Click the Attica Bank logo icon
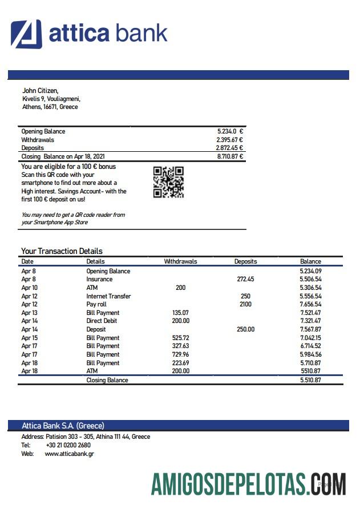[x=26, y=34]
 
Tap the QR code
[x=168, y=182]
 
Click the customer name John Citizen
[x=40, y=90]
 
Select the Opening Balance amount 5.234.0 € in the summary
[x=230, y=131]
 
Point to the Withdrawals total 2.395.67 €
[x=229, y=140]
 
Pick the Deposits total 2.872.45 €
[x=229, y=148]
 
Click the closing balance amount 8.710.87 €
[x=229, y=156]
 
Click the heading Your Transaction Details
[x=62, y=251]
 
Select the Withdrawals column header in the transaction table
[x=180, y=261]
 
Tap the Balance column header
[x=310, y=261]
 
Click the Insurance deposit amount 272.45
[x=245, y=280]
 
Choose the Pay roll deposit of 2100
[x=245, y=305]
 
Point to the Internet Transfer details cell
[x=108, y=296]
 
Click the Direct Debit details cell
[x=103, y=321]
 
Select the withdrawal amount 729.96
[x=180, y=355]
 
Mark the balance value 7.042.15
[x=310, y=338]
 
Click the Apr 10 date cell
[x=29, y=288]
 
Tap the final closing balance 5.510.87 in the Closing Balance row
[x=310, y=380]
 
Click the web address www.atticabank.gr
[x=69, y=454]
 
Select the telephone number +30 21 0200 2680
[x=68, y=445]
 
